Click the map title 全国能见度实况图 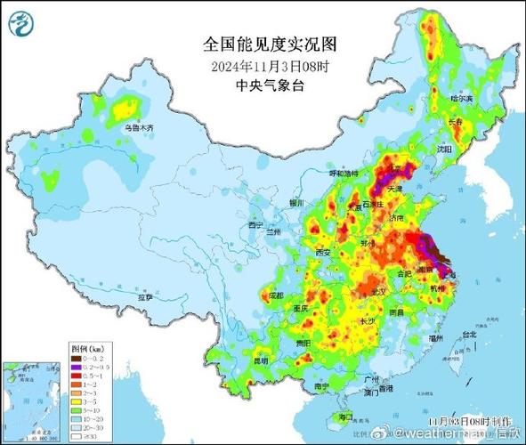[x=262, y=44]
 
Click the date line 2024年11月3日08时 [x=262, y=65]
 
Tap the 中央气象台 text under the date [x=262, y=85]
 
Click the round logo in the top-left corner [x=20, y=21]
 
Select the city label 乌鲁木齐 [x=139, y=128]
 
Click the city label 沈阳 [x=445, y=149]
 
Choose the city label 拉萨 [x=143, y=296]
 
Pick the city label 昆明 [x=260, y=360]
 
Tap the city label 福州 [x=435, y=338]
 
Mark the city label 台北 [x=467, y=335]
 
